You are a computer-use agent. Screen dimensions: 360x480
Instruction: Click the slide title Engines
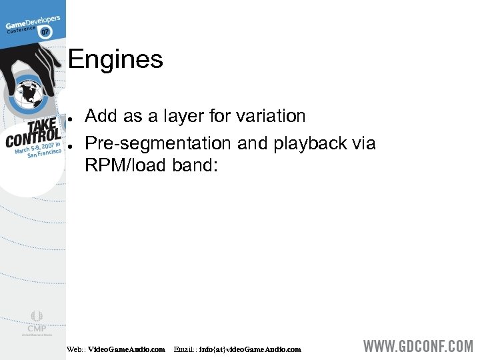coord(115,61)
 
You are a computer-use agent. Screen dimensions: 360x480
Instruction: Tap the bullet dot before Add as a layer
coord(70,117)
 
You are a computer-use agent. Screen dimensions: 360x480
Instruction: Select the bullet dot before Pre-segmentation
coord(70,145)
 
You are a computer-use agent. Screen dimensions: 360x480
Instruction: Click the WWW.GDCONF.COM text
coord(417,347)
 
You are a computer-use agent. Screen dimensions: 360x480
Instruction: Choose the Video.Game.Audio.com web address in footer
coord(127,349)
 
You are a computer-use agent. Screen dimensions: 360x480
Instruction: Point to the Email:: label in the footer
coord(185,349)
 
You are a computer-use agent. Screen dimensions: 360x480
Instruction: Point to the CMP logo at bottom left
coord(36,323)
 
